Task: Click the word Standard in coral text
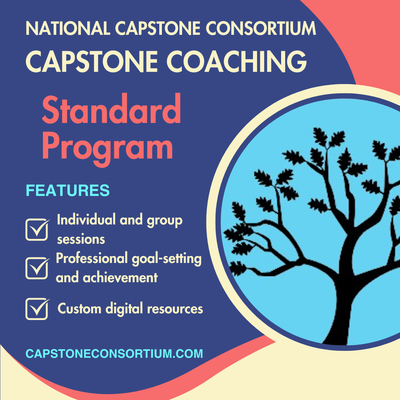point(111,110)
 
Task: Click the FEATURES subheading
point(68,190)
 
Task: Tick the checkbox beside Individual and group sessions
point(37,229)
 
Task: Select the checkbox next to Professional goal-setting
point(37,268)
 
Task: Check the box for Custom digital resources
point(37,309)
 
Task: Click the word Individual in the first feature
point(86,220)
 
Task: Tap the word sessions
point(81,239)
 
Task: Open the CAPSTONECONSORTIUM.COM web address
point(114,353)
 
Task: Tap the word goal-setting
point(167,259)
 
